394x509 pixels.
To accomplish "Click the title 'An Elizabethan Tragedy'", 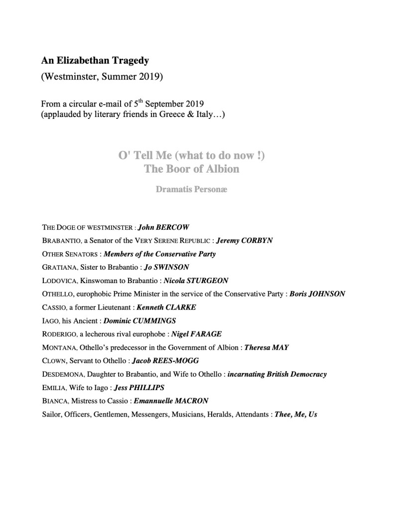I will (95, 61).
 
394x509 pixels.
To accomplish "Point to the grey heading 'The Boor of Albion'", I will (192, 169).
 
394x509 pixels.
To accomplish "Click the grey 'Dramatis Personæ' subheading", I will (192, 190).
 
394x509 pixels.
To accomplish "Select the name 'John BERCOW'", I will (163, 227).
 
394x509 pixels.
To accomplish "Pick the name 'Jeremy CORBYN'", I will (245, 240).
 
